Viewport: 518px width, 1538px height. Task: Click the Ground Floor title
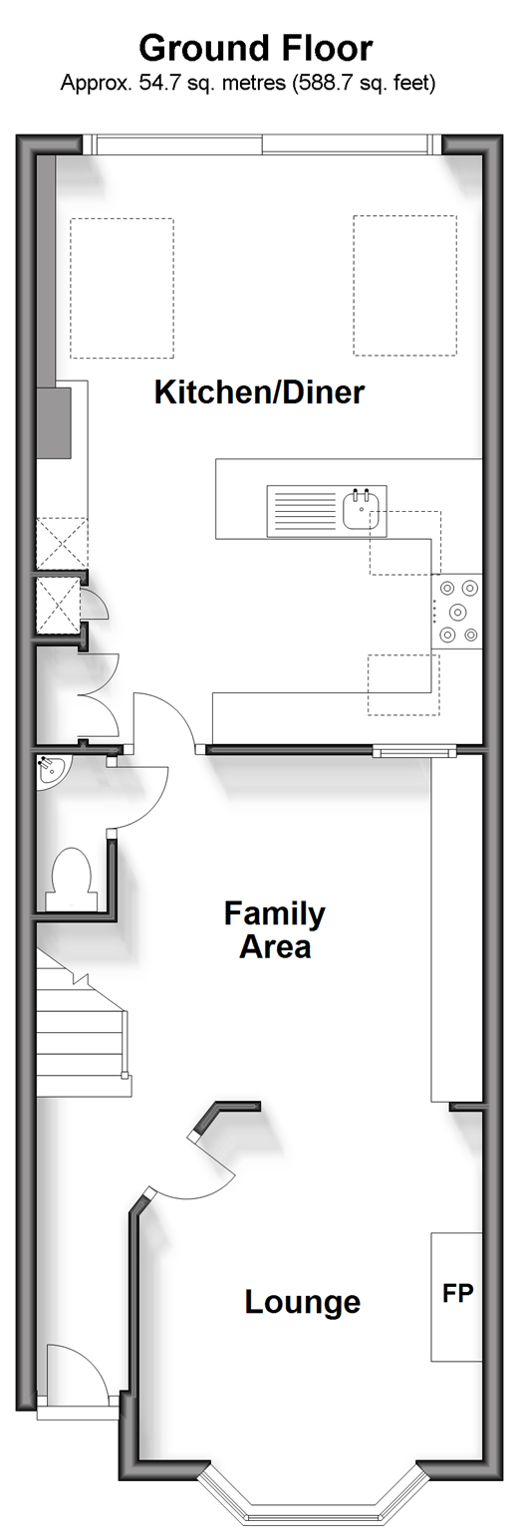[x=256, y=49]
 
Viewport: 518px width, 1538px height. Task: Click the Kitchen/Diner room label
[x=259, y=392]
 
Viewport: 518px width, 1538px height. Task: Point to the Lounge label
[x=302, y=1302]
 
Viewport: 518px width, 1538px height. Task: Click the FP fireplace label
[x=457, y=1294]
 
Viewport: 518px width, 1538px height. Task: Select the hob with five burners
[x=457, y=611]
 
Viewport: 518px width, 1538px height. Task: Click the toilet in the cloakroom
[x=72, y=879]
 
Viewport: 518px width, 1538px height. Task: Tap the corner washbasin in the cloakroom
[x=50, y=771]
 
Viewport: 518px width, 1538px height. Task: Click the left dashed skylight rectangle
[x=123, y=288]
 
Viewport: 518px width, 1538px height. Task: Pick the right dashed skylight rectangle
[x=405, y=286]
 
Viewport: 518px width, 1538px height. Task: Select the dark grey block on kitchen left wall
[x=54, y=423]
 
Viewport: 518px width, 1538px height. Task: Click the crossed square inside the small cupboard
[x=58, y=605]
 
